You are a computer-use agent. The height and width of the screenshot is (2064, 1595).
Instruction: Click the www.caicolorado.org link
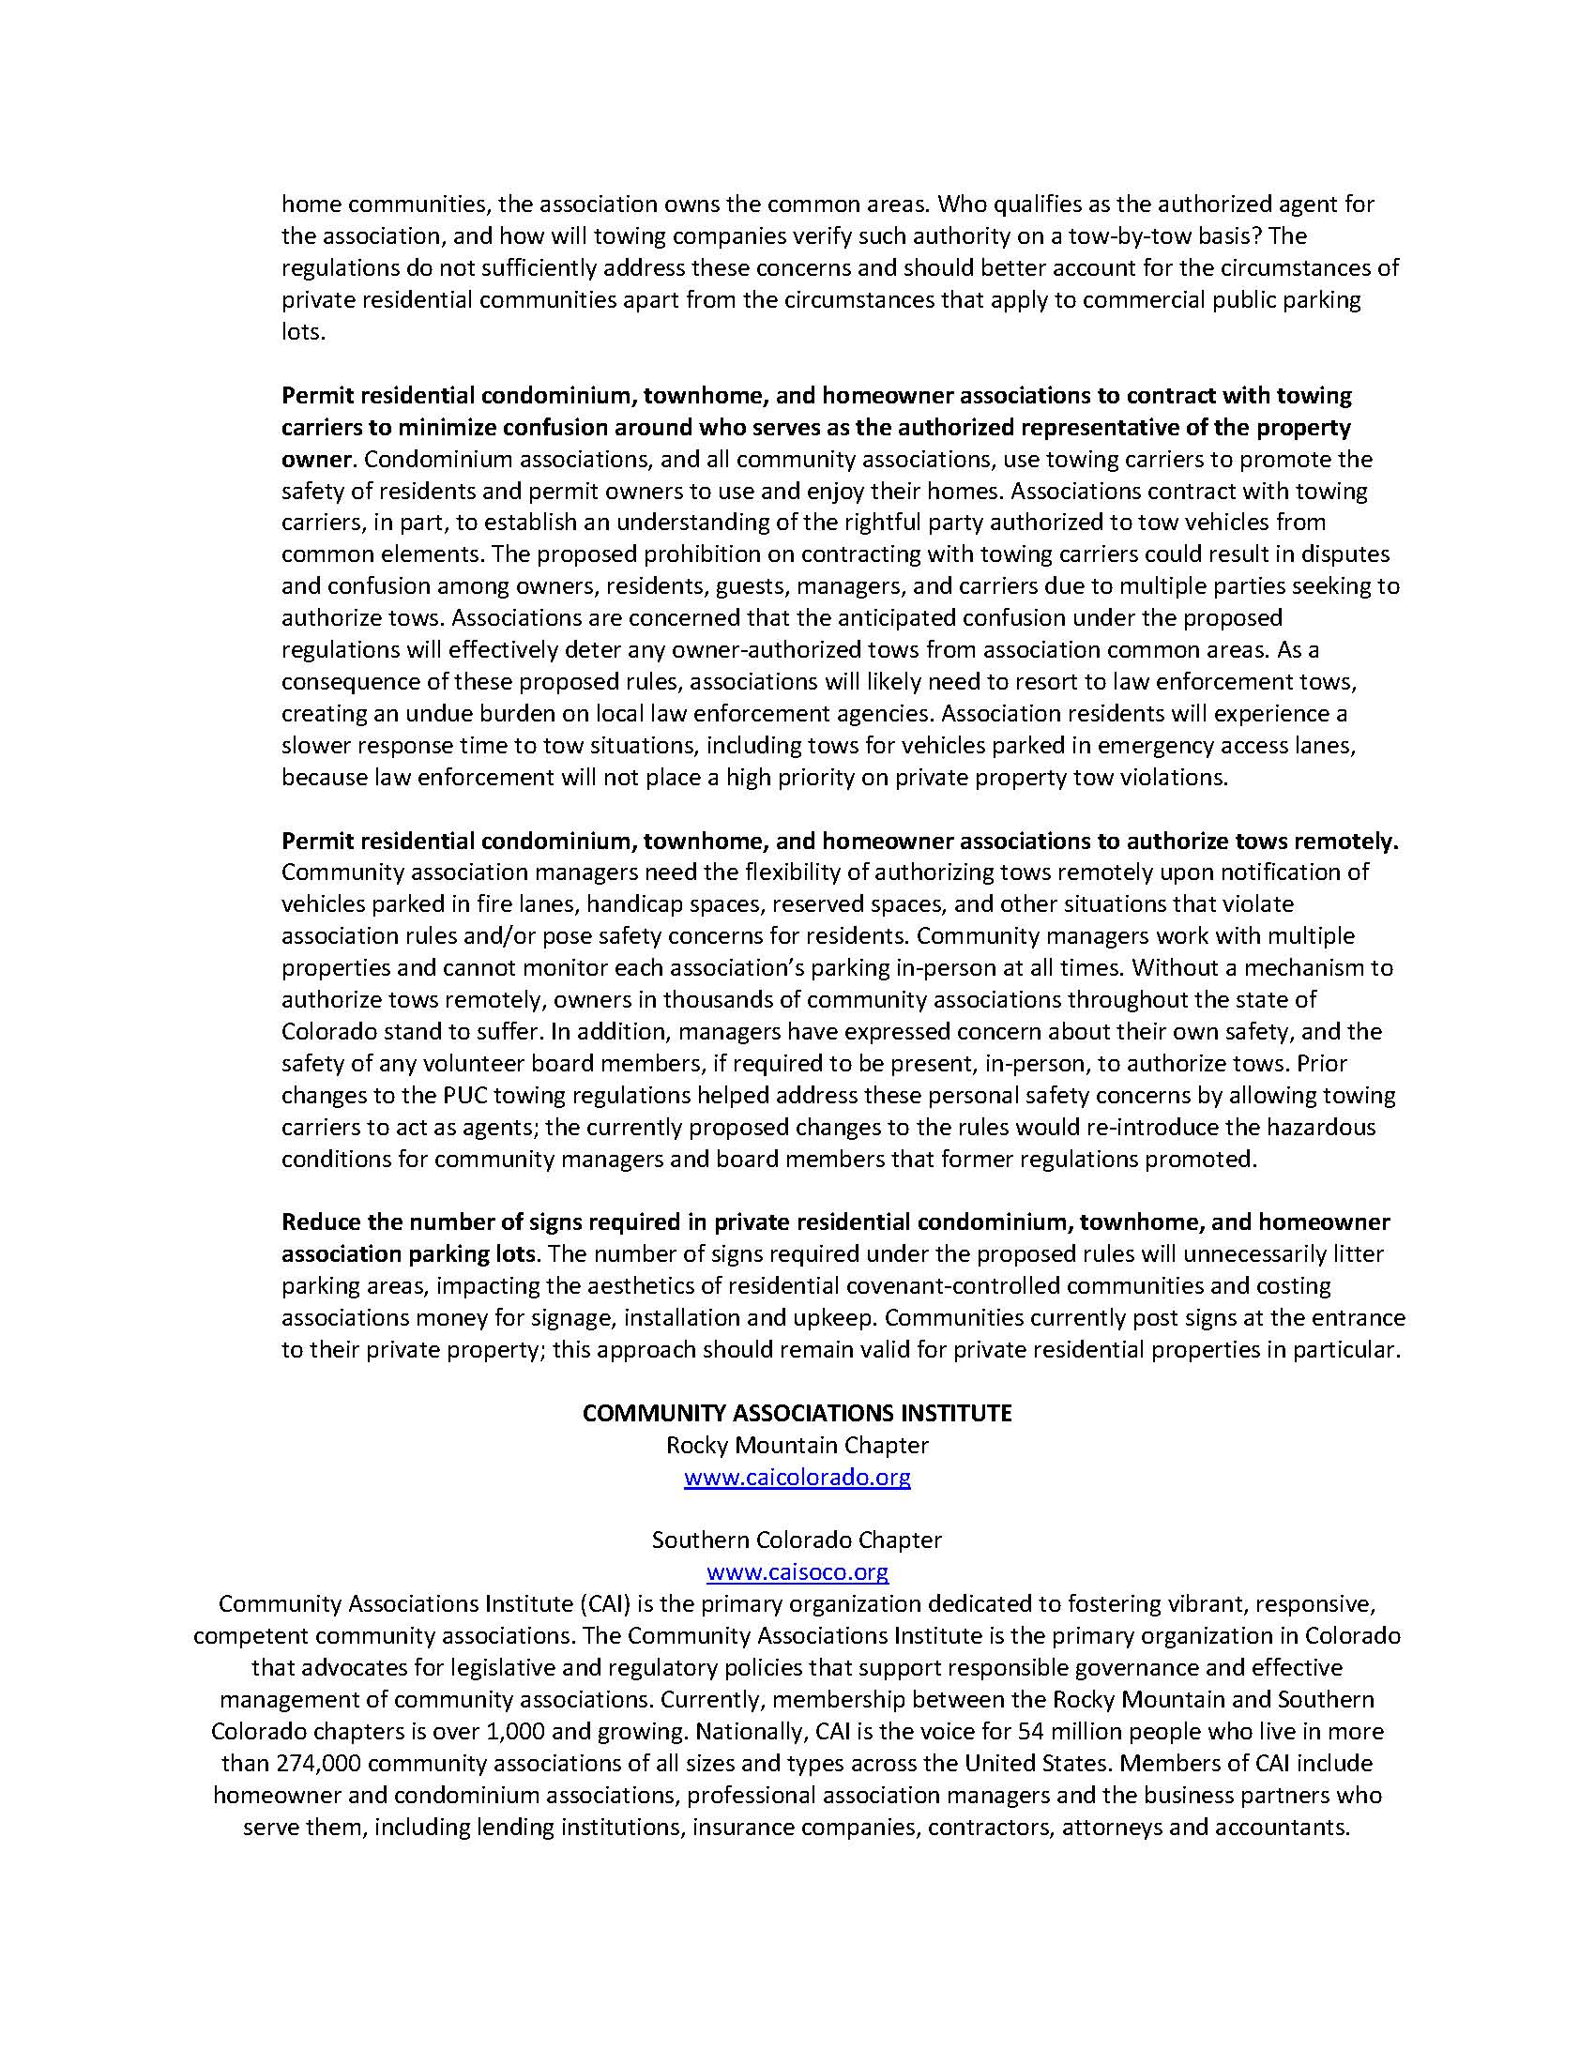(x=797, y=1477)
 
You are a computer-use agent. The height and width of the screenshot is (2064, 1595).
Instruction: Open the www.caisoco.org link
(x=797, y=1571)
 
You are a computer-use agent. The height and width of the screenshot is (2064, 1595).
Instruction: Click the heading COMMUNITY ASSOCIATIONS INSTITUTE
(x=797, y=1413)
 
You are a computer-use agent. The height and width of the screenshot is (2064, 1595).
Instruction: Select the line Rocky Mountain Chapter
(x=797, y=1445)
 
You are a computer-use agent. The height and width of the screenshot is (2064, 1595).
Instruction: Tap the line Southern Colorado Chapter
(x=797, y=1540)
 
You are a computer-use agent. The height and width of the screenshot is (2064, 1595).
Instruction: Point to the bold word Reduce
(x=320, y=1222)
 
